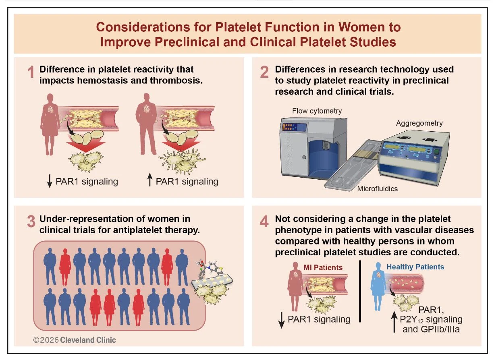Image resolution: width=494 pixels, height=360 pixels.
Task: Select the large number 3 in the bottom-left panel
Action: point(31,221)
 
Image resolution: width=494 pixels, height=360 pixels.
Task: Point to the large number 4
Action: point(264,221)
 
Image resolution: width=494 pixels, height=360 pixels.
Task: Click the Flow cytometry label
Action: point(317,111)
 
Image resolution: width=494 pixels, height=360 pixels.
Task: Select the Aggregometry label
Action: point(419,123)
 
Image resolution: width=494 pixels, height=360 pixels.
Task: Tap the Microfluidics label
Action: point(377,189)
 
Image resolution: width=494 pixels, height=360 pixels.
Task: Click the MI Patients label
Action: point(323,268)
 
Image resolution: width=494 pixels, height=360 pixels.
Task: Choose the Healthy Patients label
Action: point(415,267)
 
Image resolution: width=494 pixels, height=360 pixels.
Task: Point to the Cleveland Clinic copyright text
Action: point(74,340)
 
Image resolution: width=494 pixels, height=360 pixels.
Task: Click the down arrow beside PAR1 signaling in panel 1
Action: point(50,181)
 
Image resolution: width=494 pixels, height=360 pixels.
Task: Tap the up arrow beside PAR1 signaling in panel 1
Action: point(150,180)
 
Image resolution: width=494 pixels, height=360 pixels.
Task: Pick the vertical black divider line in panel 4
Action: point(360,291)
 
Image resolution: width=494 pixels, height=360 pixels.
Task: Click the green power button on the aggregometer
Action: point(436,152)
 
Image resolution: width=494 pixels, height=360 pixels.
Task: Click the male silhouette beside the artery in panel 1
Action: point(147,124)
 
